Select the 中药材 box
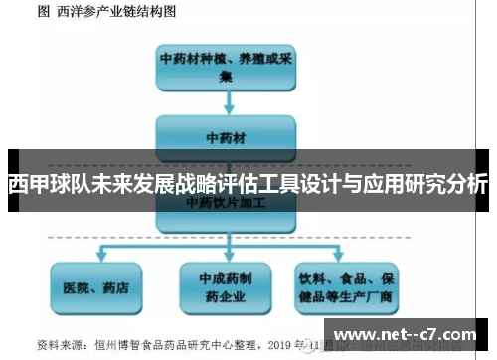[x=226, y=134]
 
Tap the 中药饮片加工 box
[x=226, y=202]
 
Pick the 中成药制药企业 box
[x=226, y=287]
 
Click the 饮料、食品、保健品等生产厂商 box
[x=347, y=287]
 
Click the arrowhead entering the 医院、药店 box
[x=95, y=260]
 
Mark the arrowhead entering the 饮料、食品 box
[x=348, y=260]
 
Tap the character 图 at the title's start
[x=43, y=12]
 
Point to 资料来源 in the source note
[x=59, y=345]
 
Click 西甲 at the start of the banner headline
[x=28, y=185]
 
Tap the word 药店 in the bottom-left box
[x=115, y=287]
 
